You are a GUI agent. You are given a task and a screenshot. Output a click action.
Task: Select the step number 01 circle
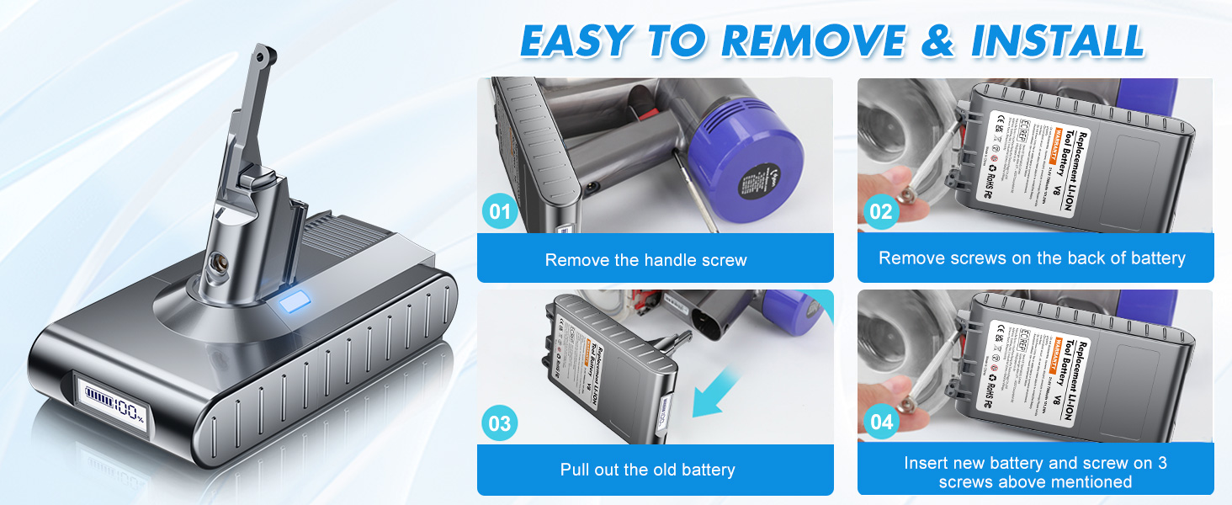(x=501, y=210)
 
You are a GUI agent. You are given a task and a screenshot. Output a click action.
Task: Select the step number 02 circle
(x=881, y=210)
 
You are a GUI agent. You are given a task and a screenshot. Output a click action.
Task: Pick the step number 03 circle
(x=501, y=423)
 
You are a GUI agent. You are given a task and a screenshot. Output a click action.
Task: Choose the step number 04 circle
(x=881, y=423)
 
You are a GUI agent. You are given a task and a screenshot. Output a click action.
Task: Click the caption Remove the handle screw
(x=645, y=260)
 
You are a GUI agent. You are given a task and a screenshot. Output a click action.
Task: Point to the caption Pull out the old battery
(x=647, y=470)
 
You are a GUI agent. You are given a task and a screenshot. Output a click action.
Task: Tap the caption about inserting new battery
(x=1035, y=472)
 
